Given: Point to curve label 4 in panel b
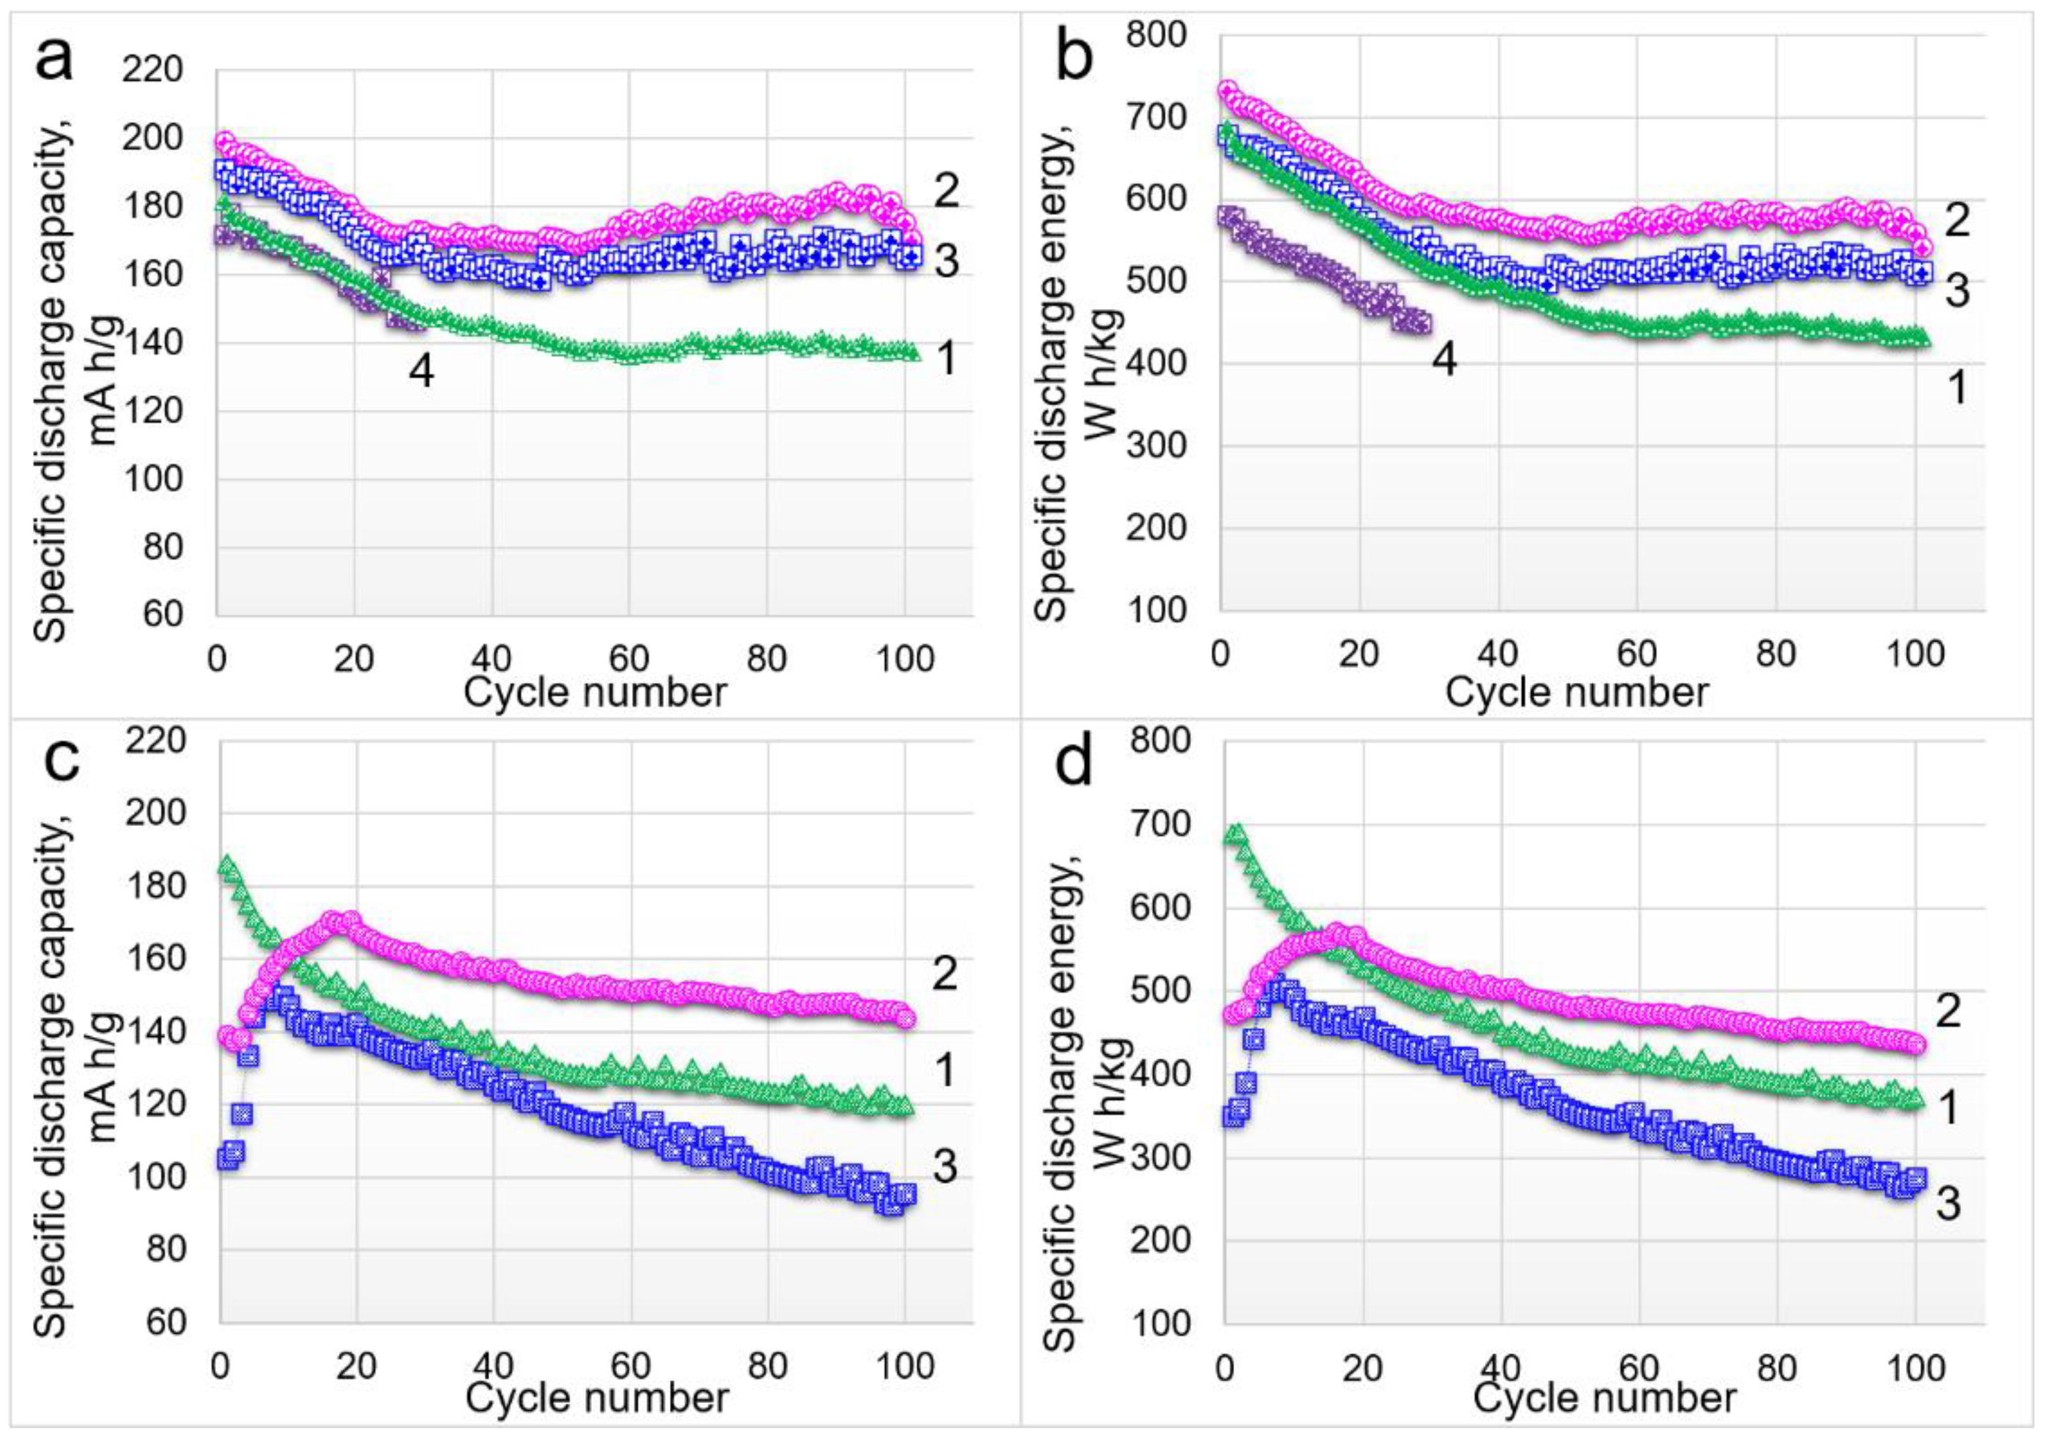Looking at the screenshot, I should click(1443, 359).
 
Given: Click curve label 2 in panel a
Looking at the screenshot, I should click(947, 191).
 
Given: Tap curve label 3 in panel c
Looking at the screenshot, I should click(945, 1167).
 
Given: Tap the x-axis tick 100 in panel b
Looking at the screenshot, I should click(1910, 654).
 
